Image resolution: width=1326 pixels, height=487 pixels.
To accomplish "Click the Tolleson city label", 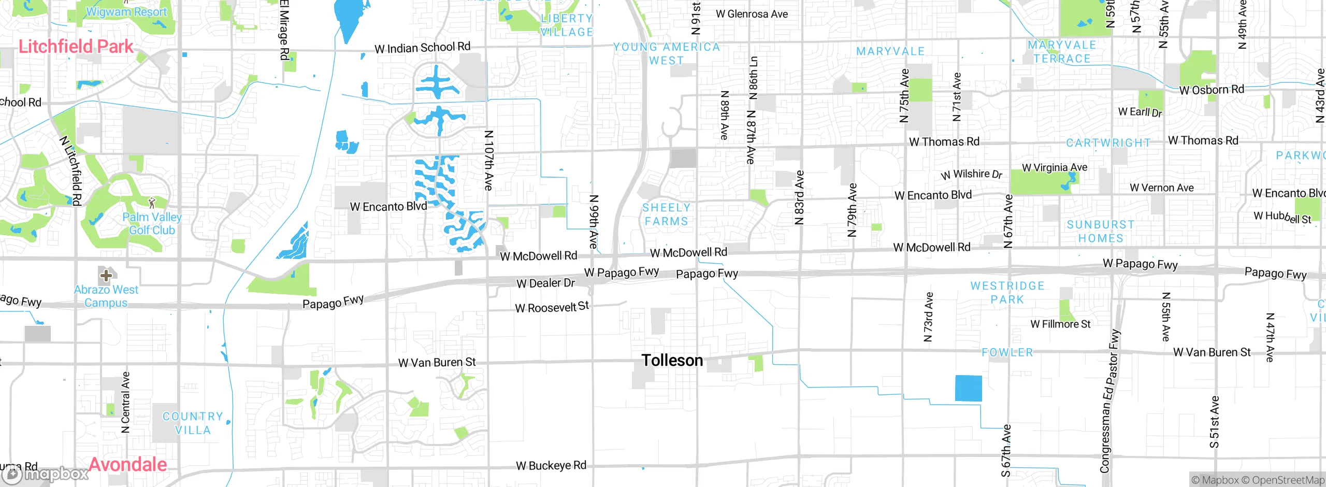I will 672,360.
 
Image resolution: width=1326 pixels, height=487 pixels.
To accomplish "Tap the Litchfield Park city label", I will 76,47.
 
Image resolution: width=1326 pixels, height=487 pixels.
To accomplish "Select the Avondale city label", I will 128,464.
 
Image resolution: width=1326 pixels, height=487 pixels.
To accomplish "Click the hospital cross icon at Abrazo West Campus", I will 106,275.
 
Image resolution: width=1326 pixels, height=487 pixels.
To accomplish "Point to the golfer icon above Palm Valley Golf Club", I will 152,203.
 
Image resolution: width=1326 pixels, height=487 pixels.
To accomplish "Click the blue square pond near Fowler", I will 968,388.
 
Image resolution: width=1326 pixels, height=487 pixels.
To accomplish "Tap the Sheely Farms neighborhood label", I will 666,214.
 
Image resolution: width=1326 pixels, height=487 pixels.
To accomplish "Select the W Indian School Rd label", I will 422,48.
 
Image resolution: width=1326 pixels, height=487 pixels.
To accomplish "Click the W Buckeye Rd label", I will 551,465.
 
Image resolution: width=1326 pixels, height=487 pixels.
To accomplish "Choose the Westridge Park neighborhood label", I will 1007,293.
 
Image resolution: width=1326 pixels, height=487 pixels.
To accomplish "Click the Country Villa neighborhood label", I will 193,423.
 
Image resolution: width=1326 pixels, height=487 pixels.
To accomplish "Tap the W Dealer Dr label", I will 545,283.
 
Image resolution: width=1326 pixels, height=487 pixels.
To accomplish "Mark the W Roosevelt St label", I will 552,307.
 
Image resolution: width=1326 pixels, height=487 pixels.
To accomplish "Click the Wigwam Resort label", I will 126,11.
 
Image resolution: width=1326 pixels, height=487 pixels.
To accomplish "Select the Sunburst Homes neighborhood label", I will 1101,231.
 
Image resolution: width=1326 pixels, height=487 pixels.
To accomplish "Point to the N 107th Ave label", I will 488,160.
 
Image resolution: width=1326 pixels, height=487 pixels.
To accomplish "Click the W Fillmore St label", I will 1060,324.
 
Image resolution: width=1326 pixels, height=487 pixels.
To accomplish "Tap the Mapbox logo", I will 45,474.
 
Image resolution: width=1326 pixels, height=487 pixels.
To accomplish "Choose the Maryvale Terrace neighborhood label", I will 1062,52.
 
